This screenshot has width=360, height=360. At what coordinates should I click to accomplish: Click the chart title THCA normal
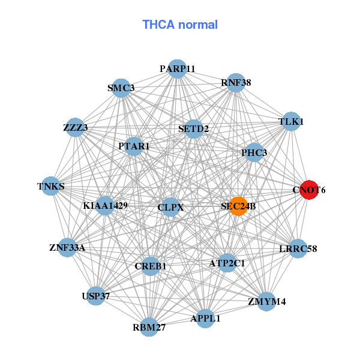tap(180, 25)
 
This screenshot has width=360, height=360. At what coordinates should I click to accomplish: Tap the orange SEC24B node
tap(238, 206)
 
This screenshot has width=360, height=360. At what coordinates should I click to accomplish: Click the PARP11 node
tap(177, 68)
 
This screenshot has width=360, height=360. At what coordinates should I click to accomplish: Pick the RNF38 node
tap(235, 83)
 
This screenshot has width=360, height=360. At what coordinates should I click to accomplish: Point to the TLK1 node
tap(291, 121)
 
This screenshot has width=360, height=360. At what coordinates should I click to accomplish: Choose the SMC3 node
tap(122, 88)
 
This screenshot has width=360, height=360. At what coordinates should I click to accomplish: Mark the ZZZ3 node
tap(75, 127)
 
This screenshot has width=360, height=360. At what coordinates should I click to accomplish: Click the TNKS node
tap(51, 186)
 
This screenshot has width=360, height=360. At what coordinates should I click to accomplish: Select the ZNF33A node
tap(67, 247)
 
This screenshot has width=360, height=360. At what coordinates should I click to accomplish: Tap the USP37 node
tap(96, 296)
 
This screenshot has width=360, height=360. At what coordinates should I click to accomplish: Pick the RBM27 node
tap(149, 327)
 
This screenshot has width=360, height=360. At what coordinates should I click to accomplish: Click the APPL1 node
tap(206, 318)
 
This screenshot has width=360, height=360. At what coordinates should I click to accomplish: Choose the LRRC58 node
tap(298, 248)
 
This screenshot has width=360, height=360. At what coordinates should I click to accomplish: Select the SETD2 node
tap(193, 128)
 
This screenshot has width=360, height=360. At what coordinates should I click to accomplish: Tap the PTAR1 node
tap(134, 146)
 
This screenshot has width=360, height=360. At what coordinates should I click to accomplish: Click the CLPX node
tap(170, 207)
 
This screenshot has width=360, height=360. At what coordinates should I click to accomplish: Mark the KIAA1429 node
tap(106, 206)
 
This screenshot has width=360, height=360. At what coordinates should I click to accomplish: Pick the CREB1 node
tap(151, 266)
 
